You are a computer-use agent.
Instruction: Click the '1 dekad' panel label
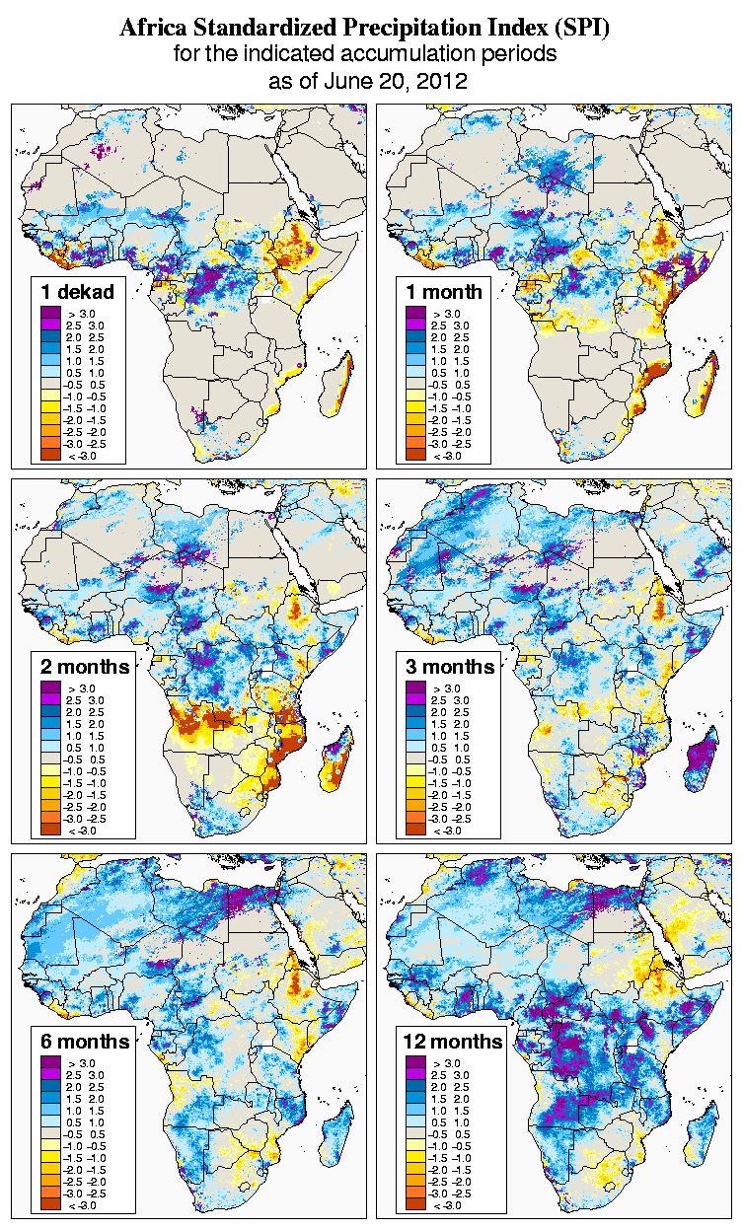(78, 291)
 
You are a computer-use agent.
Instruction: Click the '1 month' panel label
(444, 291)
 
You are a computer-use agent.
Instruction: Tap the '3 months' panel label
(450, 667)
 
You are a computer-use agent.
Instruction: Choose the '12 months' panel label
(453, 1042)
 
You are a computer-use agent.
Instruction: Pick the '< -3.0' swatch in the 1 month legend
(415, 455)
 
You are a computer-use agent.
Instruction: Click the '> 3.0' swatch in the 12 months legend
(415, 1062)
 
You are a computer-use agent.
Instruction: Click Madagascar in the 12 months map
(704, 1134)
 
